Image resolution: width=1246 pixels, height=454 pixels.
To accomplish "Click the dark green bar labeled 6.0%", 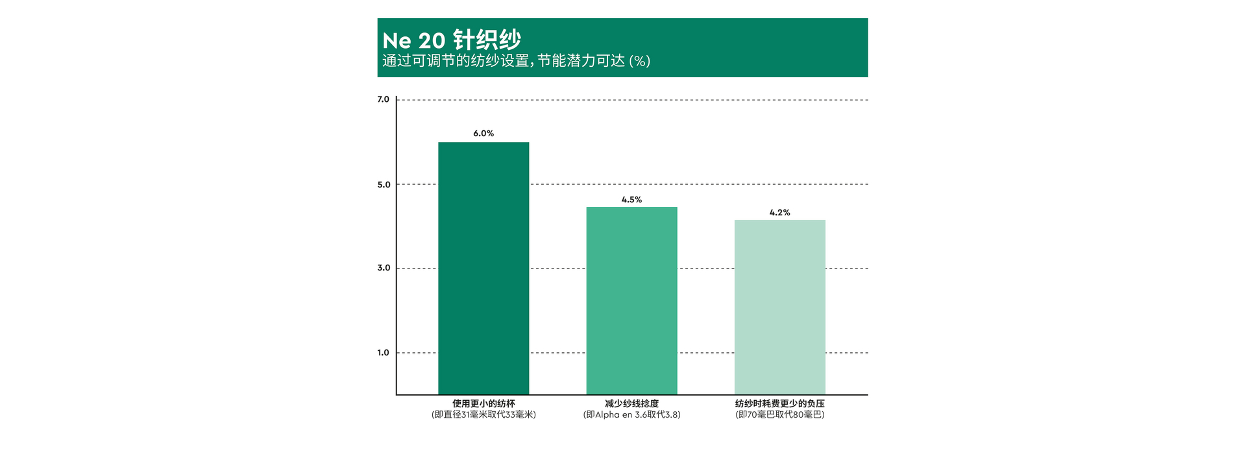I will [x=483, y=268].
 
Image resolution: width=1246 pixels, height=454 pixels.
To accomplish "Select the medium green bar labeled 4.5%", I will [x=631, y=300].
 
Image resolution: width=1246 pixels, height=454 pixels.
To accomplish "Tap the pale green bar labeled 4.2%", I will [x=779, y=307].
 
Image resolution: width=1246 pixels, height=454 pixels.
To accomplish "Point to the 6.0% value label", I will [x=483, y=134].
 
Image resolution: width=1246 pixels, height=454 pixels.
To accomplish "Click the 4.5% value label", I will [x=631, y=200].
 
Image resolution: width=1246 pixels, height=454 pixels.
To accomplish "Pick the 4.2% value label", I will [x=779, y=213].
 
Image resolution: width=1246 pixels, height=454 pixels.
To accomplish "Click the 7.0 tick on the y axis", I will [x=384, y=99].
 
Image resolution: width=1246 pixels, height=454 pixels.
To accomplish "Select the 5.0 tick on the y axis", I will [x=384, y=185].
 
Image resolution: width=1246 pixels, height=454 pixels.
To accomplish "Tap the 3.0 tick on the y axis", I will [x=384, y=268].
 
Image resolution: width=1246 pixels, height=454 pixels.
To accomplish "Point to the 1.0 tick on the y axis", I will [x=384, y=353].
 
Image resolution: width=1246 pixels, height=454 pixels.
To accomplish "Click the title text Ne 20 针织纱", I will [x=452, y=40].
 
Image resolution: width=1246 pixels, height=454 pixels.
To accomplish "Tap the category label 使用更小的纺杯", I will [x=483, y=403].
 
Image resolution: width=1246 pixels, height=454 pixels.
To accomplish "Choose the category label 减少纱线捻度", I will [x=631, y=403].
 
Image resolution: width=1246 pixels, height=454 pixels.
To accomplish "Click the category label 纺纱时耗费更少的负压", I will [x=779, y=403].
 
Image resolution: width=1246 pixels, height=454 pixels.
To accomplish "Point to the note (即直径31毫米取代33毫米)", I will [x=483, y=414].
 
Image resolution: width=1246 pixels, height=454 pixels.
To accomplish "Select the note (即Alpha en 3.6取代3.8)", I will [x=631, y=414].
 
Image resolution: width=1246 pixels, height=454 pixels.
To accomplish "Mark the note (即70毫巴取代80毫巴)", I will [x=779, y=414].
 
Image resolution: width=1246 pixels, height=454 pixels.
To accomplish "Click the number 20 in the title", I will [x=432, y=41].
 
